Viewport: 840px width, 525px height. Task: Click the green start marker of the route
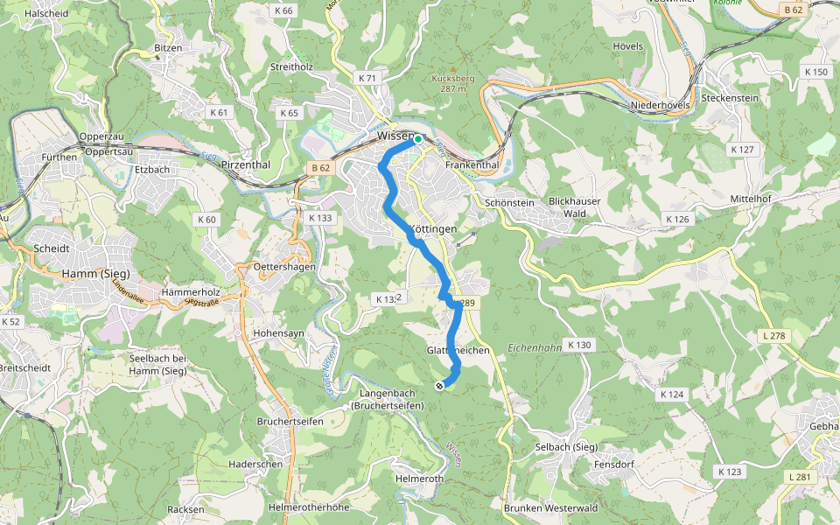(x=418, y=139)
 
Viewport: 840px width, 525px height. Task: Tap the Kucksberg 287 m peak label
(x=453, y=83)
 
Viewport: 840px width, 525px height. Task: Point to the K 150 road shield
(x=815, y=73)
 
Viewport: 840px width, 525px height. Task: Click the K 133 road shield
(x=321, y=218)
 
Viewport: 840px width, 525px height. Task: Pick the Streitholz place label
(x=291, y=66)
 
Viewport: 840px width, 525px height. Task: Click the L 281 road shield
(x=800, y=477)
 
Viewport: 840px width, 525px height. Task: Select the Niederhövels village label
(x=660, y=106)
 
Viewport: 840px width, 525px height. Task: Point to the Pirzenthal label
(x=246, y=164)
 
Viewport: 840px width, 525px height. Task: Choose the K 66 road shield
(x=283, y=10)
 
